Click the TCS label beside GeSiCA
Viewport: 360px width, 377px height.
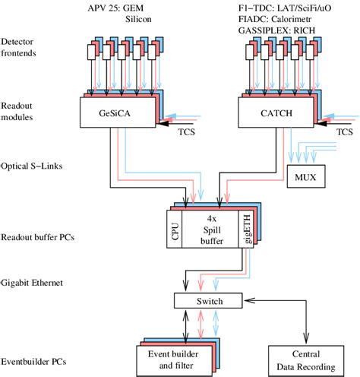coord(186,131)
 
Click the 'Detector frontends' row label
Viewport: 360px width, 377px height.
coord(22,46)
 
